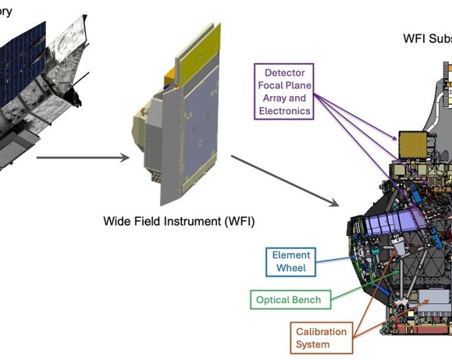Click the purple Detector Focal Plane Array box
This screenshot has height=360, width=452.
pyautogui.click(x=284, y=92)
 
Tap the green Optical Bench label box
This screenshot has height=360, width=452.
pyautogui.click(x=288, y=300)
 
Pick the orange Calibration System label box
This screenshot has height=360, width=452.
pyautogui.click(x=322, y=338)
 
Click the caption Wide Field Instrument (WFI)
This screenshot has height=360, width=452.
pyautogui.click(x=179, y=221)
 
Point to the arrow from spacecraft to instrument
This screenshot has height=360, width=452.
pyautogui.click(x=80, y=157)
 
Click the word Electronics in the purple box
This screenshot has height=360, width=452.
pyautogui.click(x=284, y=111)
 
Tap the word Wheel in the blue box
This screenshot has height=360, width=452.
pyautogui.click(x=290, y=268)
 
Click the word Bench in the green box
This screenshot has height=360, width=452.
pyautogui.click(x=308, y=300)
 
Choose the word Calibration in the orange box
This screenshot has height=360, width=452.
pyautogui.click(x=322, y=331)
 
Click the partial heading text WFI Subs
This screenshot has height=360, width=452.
pyautogui.click(x=426, y=39)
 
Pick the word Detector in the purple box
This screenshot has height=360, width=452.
pyautogui.click(x=284, y=72)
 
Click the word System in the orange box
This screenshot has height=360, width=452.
pyautogui.click(x=313, y=344)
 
